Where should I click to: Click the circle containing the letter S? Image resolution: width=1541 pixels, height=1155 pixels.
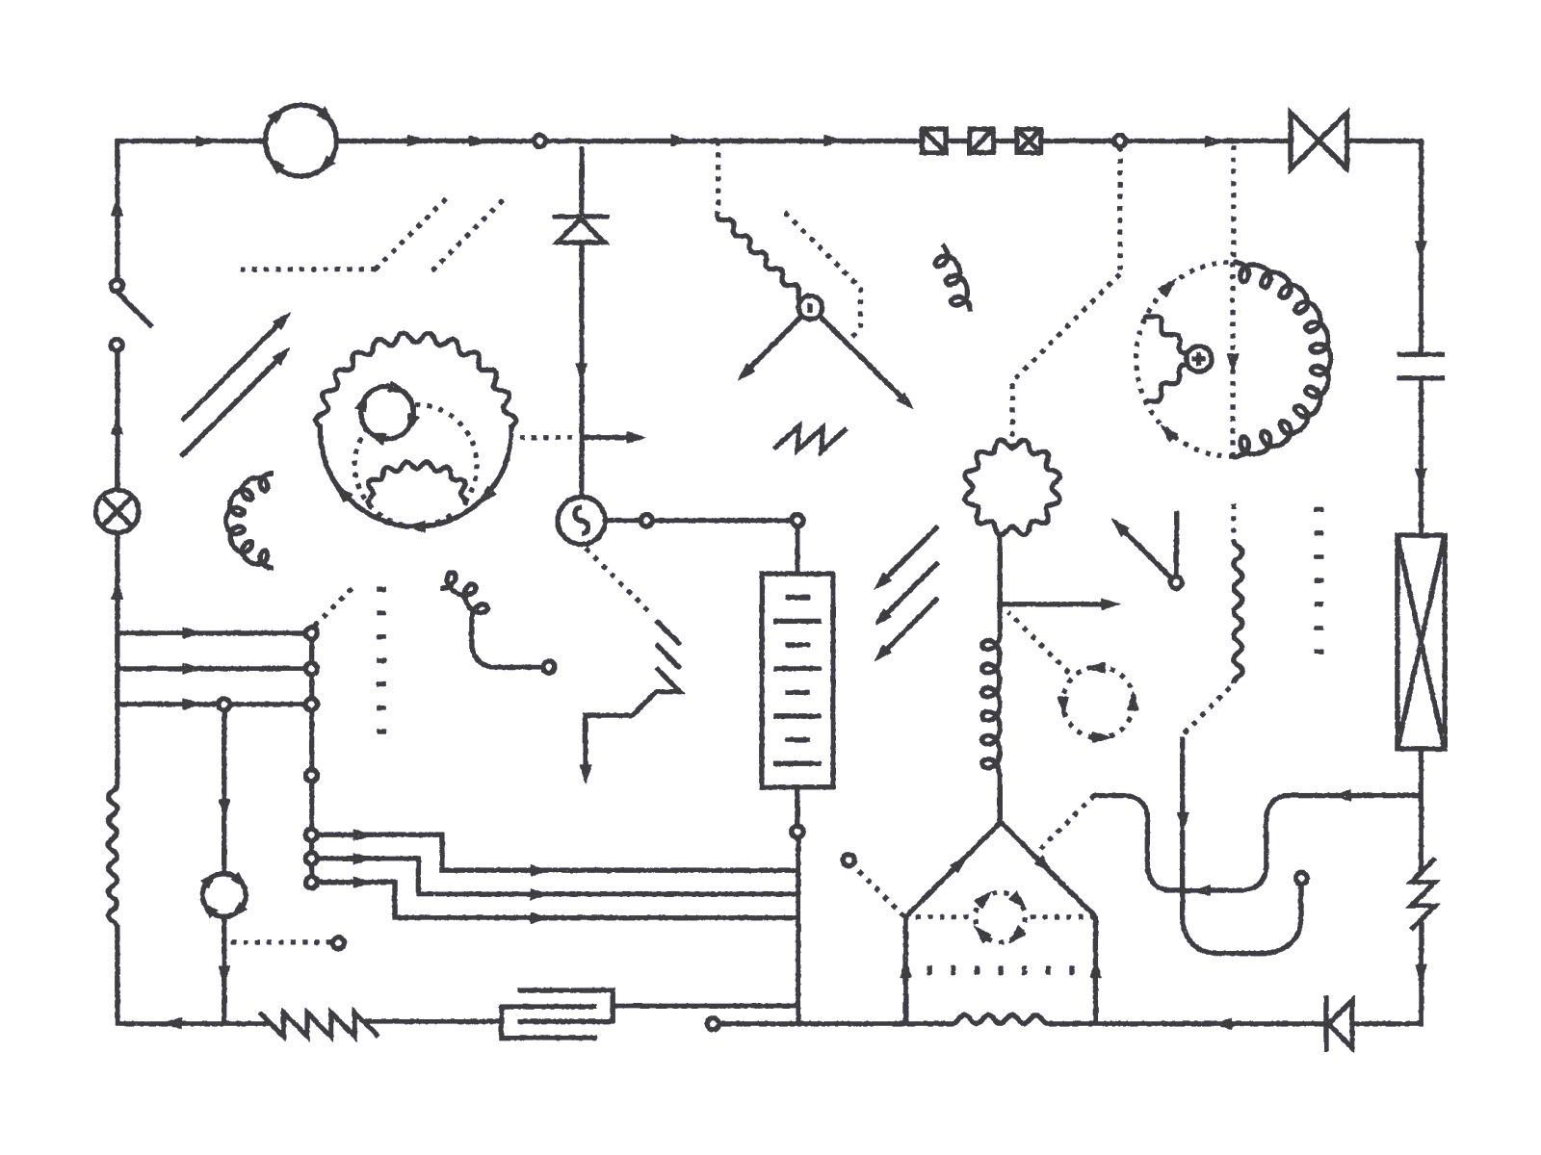pos(581,521)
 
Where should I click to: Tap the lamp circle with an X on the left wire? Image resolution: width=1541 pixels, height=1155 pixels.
pos(118,511)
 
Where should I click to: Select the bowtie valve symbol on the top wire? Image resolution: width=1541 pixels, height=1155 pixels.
pos(1318,141)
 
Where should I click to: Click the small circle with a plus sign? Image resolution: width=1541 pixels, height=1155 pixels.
pos(1198,359)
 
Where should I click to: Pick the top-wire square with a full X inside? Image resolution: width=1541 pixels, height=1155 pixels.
pos(1029,141)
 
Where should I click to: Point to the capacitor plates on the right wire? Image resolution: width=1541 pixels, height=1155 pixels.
pos(1421,366)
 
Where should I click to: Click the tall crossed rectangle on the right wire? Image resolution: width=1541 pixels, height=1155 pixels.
pos(1421,642)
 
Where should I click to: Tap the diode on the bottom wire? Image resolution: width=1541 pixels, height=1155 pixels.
pos(1339,1023)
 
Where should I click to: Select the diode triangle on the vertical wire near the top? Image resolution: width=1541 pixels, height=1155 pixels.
pos(581,230)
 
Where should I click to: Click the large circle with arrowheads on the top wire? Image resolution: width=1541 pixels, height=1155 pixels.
pos(301,141)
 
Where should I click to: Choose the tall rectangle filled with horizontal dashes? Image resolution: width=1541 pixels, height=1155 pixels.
pos(797,680)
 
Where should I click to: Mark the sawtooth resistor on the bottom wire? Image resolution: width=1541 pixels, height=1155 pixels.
pos(318,1023)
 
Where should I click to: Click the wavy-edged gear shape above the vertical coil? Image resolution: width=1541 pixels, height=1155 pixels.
pos(1012,486)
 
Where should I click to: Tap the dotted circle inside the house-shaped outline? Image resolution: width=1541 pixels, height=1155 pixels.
pos(999,917)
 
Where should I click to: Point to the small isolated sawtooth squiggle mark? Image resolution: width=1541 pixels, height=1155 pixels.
pos(810,439)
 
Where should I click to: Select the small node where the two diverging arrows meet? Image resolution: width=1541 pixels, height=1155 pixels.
pos(810,308)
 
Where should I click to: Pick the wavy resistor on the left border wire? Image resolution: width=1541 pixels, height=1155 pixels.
pos(116,858)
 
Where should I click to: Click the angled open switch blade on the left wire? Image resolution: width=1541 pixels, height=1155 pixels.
pos(133,305)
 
